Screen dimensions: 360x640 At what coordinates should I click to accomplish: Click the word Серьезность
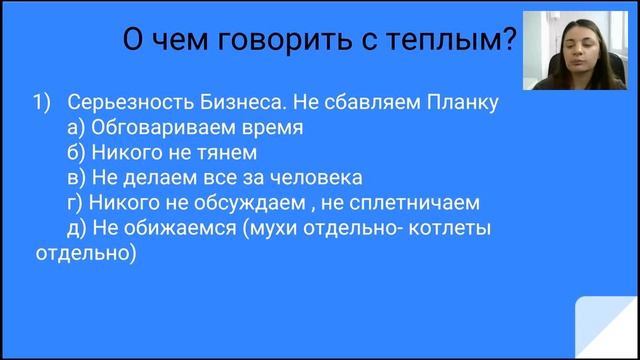point(124,103)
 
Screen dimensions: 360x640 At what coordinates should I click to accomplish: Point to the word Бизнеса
point(231,103)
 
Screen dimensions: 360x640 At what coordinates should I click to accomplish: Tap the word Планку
point(461,103)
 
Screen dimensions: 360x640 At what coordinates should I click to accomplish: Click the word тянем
point(230,154)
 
